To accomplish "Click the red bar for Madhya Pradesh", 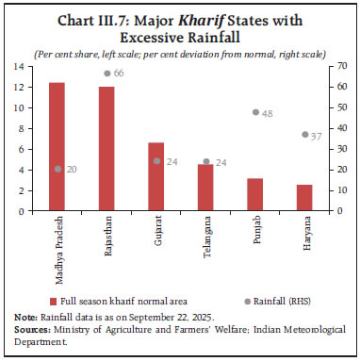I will tap(57, 147).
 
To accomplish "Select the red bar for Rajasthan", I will tap(106, 149).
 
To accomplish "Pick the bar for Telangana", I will tap(205, 188).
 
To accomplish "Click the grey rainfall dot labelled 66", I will tap(106, 74).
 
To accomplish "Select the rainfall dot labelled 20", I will tap(57, 169).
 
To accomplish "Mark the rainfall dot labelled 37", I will tap(304, 134).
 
